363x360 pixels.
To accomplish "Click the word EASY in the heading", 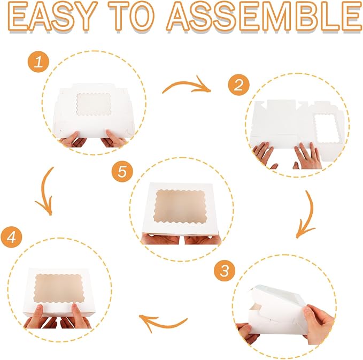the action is click(53, 17).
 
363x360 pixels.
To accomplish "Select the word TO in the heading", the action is click(132, 17).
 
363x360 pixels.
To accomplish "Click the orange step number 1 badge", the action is click(38, 62).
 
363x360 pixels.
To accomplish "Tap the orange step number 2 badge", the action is click(238, 85).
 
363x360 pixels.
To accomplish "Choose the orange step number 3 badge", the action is click(225, 271).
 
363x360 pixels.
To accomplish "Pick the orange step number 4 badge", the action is click(11, 237).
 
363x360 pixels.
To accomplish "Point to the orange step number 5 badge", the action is click(122, 172).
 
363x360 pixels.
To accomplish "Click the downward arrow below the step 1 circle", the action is click(43, 190).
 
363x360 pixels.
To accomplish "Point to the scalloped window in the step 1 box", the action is click(94, 104).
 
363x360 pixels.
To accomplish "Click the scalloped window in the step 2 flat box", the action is click(327, 128).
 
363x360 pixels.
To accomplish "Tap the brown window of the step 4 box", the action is click(59, 288).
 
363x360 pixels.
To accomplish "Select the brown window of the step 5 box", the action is click(180, 206).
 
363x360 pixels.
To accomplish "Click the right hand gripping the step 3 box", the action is click(319, 324).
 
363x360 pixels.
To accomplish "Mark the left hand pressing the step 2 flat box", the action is click(264, 154).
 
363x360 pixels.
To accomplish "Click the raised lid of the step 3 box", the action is click(278, 299).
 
